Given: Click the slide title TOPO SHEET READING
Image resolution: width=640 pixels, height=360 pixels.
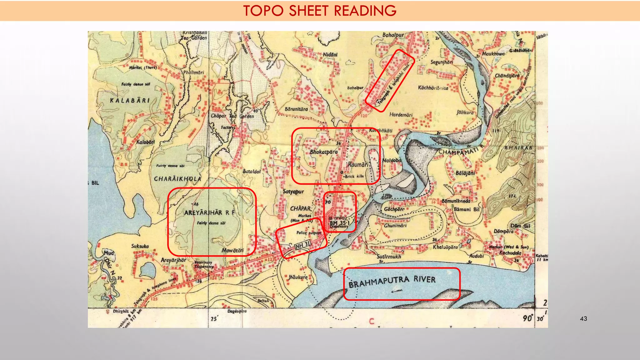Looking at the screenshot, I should point(320,11).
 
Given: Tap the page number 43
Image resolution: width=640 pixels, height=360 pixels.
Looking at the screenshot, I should point(583,319).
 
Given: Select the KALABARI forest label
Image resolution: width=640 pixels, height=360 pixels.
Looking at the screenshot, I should point(130,101).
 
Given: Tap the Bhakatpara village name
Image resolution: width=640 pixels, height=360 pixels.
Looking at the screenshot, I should point(324,152).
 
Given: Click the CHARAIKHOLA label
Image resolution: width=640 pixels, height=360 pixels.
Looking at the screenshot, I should point(177,179).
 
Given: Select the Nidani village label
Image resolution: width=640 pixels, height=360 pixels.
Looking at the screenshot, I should point(330,55).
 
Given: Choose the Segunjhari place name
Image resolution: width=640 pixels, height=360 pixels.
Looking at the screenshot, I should point(442,62).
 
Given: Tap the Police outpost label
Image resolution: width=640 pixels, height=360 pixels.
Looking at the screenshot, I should point(308,233).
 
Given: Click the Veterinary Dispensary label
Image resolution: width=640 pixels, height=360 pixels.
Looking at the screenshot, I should point(203,264).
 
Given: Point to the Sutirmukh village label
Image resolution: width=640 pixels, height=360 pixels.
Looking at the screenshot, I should point(389,257).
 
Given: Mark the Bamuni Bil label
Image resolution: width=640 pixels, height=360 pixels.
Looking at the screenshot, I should point(466,209).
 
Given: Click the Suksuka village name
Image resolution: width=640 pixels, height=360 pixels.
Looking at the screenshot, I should point(140,246).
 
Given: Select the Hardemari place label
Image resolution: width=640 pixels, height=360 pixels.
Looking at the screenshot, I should point(401,115).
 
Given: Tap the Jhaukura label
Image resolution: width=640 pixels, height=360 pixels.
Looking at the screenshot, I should point(298,277).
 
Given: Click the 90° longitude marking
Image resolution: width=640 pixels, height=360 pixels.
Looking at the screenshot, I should point(528,318).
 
